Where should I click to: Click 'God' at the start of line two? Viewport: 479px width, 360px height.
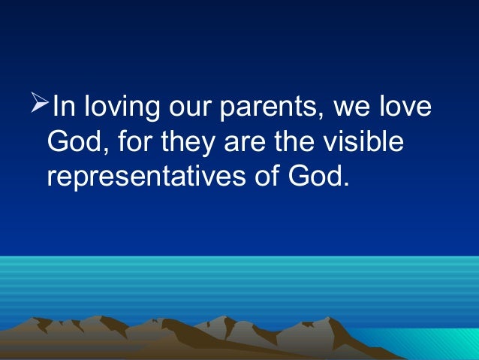pyautogui.click(x=72, y=142)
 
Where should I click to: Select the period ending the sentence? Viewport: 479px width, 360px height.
pyautogui.click(x=348, y=185)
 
